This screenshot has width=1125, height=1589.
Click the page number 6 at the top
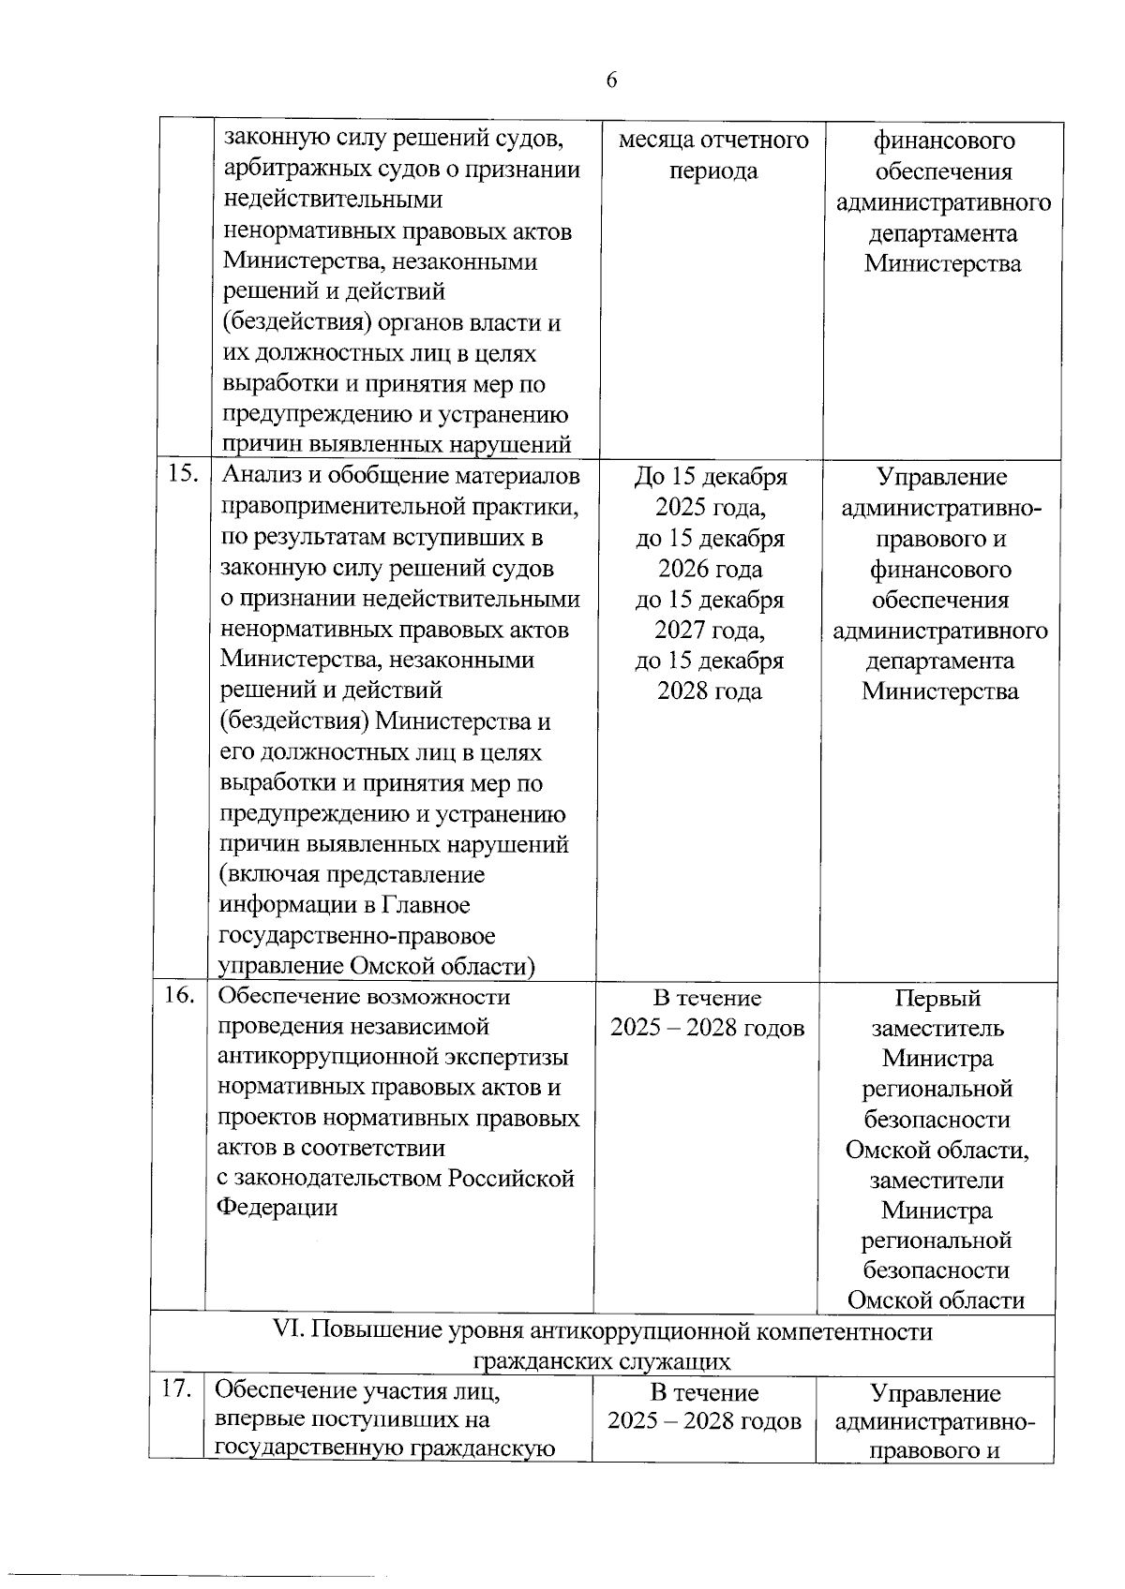(x=611, y=81)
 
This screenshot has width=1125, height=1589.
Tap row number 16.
(x=179, y=996)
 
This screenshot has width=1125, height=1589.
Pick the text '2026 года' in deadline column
(x=710, y=569)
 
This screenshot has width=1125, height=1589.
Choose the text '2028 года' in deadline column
(x=709, y=691)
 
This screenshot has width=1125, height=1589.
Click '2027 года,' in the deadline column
(x=710, y=630)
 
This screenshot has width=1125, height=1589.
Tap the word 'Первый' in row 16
(x=937, y=999)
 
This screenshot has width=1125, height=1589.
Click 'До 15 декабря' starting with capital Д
(x=711, y=477)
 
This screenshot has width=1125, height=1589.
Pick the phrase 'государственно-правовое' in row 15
(x=356, y=936)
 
